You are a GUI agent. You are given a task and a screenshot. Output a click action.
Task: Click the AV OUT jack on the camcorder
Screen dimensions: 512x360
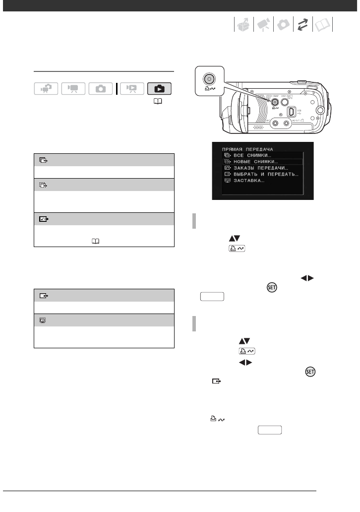coord(300,125)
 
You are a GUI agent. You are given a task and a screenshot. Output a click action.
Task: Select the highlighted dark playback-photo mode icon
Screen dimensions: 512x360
coord(160,89)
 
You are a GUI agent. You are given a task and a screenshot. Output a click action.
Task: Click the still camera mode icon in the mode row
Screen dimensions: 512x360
coord(101,89)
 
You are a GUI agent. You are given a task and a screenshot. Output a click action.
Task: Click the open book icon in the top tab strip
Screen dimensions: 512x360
coord(323,24)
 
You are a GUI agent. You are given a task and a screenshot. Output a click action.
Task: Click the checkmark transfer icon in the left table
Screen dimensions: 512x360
coord(42,218)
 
